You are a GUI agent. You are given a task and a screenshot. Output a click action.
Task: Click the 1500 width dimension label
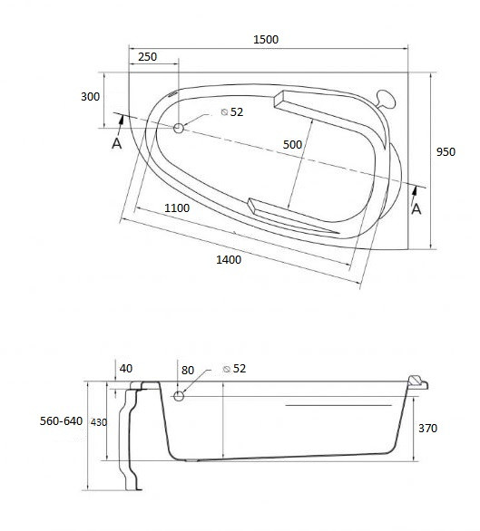pos(266,39)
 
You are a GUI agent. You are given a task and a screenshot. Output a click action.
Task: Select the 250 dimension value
pos(146,57)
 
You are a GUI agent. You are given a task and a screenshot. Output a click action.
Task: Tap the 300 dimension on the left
pos(90,97)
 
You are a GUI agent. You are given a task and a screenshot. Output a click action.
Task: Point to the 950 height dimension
pos(446,152)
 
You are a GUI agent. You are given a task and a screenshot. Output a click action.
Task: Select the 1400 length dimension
pos(229,260)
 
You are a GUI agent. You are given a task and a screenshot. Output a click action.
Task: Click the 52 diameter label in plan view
pos(237,112)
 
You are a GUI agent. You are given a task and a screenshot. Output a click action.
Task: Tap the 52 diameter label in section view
pos(240,369)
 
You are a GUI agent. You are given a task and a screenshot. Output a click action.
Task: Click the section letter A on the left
pos(116,144)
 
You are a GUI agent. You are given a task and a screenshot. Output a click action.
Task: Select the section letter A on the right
pos(416,209)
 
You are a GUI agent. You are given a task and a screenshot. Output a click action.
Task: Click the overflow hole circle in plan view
pos(178,129)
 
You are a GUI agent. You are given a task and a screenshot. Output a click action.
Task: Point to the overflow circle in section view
pos(179,396)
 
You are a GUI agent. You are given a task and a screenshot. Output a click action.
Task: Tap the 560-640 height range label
pos(62,422)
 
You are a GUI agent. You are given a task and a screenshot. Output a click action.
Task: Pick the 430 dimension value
pos(101,423)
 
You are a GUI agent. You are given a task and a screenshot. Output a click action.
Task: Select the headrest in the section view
pos(416,381)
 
